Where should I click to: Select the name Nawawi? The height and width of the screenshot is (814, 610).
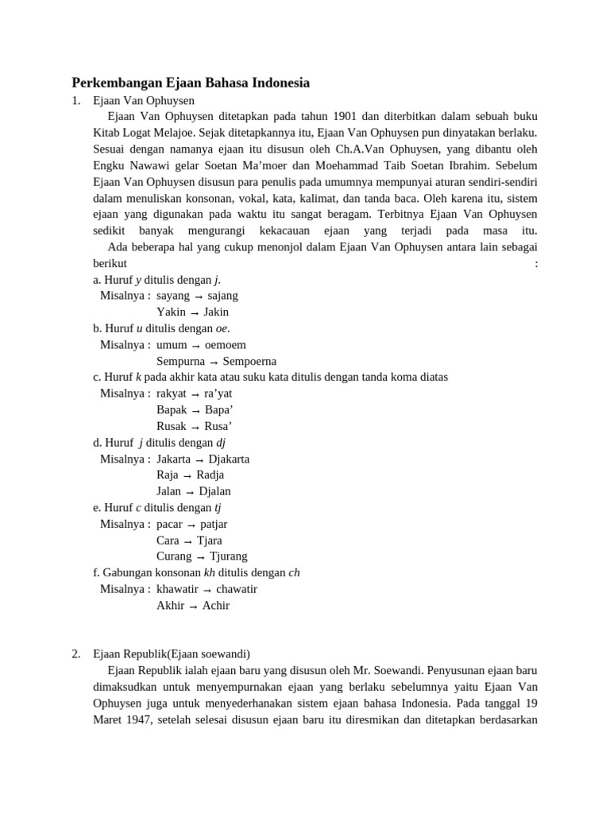click(x=151, y=165)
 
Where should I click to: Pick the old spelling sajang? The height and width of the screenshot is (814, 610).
click(x=222, y=296)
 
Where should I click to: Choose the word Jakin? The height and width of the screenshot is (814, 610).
click(x=216, y=312)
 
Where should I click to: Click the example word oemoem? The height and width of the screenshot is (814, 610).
click(x=225, y=345)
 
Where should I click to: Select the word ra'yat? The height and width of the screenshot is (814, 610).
click(x=218, y=393)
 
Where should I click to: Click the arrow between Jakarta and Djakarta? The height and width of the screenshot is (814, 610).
click(x=199, y=459)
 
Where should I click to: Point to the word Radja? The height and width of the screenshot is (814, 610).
click(x=210, y=475)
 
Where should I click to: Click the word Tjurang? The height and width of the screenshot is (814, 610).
click(x=228, y=557)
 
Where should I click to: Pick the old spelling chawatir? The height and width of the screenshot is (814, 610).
click(x=237, y=590)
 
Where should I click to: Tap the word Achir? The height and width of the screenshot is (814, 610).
click(x=216, y=606)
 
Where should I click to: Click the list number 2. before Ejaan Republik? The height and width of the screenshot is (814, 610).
click(x=75, y=654)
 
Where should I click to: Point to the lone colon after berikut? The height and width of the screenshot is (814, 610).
click(x=537, y=263)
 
